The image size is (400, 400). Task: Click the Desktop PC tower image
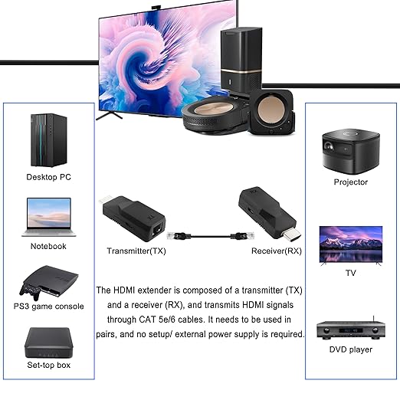click(49, 140)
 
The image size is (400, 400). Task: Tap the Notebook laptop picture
click(49, 217)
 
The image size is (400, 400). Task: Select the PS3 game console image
click(48, 283)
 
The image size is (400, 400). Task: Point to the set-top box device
click(49, 343)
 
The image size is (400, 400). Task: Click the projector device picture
click(351, 152)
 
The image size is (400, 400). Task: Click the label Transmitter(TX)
click(136, 251)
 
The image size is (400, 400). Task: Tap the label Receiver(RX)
click(277, 251)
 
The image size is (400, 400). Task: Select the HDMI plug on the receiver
click(292, 234)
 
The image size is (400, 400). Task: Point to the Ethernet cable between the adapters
click(211, 236)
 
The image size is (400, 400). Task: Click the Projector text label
click(351, 182)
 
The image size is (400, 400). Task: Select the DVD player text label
click(351, 349)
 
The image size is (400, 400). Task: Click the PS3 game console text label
click(48, 307)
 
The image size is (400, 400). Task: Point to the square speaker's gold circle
click(270, 110)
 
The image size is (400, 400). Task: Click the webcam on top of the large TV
click(158, 8)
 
